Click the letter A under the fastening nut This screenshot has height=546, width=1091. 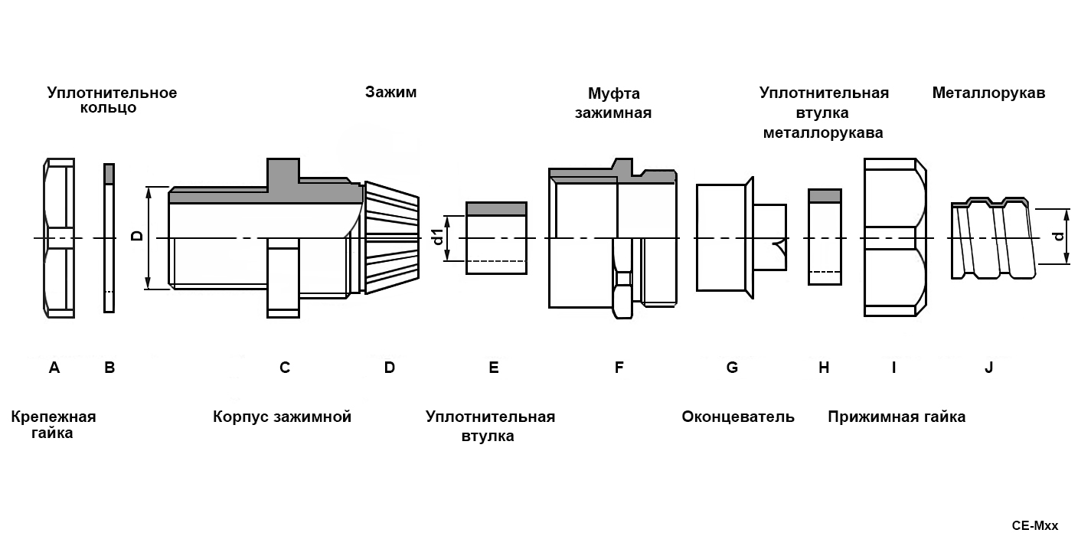[54, 368]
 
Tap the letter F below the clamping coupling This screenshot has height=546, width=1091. [619, 368]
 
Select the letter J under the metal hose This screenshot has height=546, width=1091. [988, 368]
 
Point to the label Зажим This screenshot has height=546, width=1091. [390, 93]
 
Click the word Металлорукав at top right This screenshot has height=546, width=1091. [988, 93]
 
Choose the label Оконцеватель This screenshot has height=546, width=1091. [738, 417]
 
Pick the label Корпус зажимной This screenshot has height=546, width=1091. [282, 417]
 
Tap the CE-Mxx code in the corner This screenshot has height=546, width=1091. [1034, 526]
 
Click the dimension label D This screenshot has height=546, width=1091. [138, 237]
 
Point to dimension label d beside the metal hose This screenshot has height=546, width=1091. [1059, 237]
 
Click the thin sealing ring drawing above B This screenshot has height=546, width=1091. [109, 237]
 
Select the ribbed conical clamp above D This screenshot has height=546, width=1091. [391, 237]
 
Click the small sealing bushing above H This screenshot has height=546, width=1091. [825, 237]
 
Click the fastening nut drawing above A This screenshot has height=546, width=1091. [59, 237]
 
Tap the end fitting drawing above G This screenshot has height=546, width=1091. [739, 237]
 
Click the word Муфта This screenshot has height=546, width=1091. [613, 93]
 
